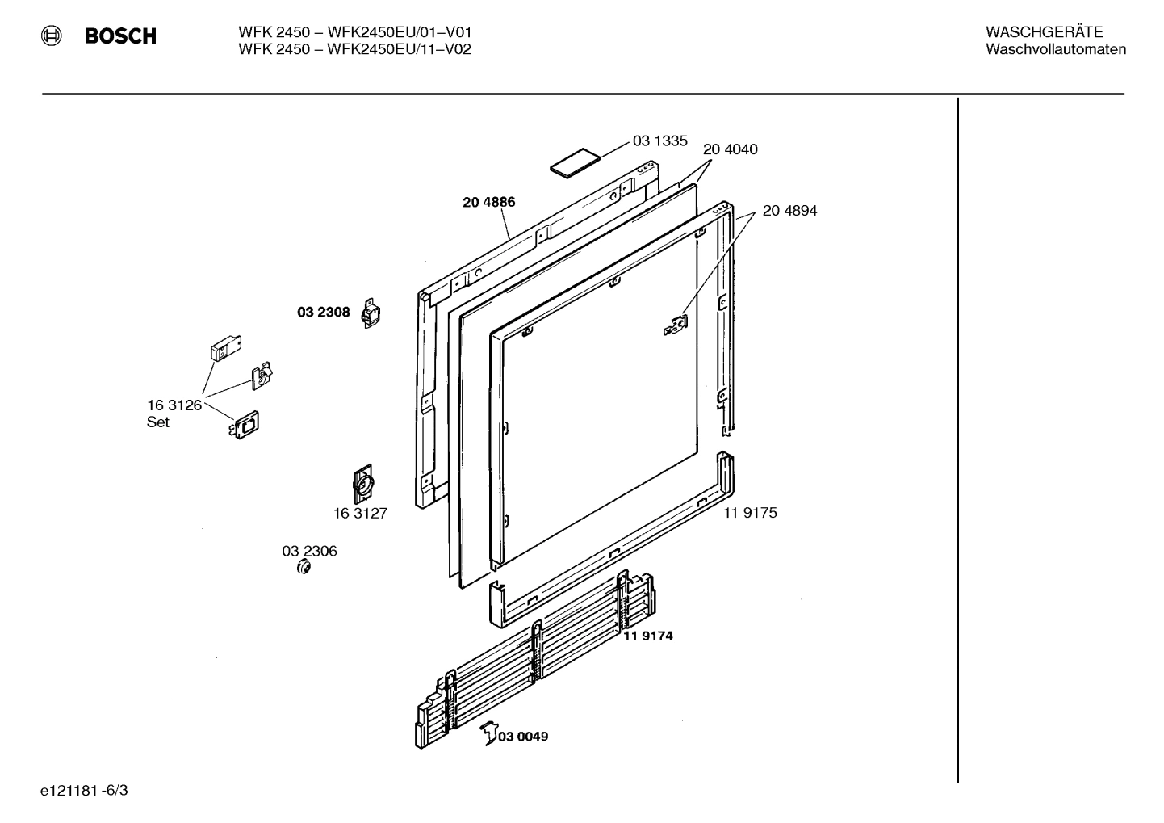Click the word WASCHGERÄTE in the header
coord(1043,32)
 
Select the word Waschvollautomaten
coord(1055,49)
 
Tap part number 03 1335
coord(659,141)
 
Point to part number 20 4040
coord(730,149)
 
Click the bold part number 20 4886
coord(488,202)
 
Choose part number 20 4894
coord(789,211)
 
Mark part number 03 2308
coord(323,313)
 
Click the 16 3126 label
coord(174,405)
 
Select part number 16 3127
coord(360,514)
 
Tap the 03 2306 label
coord(309,551)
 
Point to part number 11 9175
coord(750,513)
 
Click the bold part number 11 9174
coord(647,636)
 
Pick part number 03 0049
coord(522,737)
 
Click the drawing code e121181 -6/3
coord(84,790)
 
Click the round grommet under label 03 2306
coord(305,568)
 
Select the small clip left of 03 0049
coord(488,733)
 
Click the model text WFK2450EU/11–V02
coord(399,49)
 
